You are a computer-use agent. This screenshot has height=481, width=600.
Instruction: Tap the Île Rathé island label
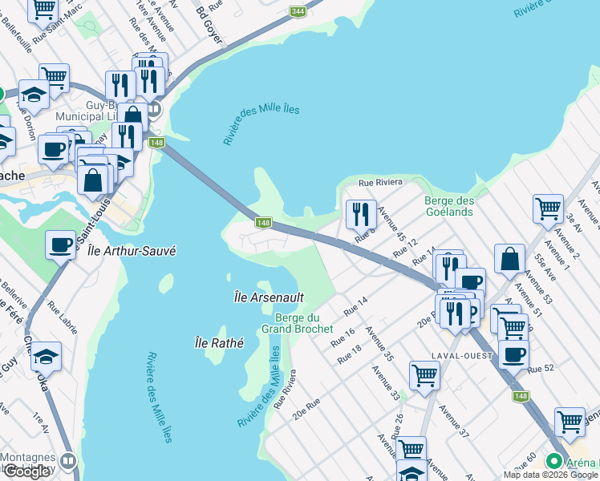pos(219,342)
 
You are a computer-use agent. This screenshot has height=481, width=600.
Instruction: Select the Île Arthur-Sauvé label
pos(131,251)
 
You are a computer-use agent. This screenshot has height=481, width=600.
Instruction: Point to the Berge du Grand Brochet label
pos(297,323)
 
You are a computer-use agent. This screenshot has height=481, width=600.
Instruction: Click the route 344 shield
pos(298,10)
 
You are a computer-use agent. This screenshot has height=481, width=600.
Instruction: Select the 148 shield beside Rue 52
pos(522,396)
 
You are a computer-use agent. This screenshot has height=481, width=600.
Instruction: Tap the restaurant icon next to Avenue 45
pos(361,214)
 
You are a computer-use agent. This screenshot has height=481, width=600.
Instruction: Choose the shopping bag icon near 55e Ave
pos(509,259)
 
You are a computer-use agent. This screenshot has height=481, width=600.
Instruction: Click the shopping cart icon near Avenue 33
pos(424,374)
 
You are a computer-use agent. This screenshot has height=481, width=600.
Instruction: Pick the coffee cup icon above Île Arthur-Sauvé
pos(61,245)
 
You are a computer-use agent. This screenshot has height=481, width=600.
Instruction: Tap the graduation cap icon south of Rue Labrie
pos(47,355)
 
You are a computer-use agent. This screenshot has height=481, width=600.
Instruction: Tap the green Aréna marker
pos(553,462)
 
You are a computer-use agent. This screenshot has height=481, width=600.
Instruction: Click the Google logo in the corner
pos(26,471)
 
